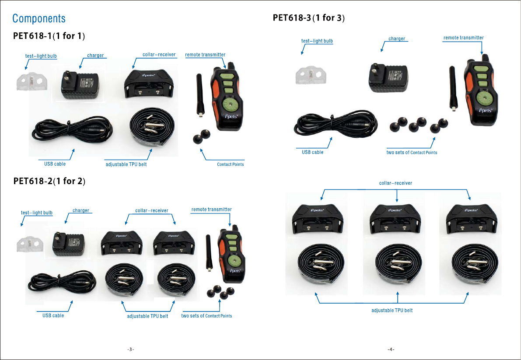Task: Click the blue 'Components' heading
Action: [39, 18]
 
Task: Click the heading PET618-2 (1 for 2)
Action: [49, 181]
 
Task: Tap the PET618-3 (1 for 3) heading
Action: [309, 18]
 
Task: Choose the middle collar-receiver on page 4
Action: [396, 219]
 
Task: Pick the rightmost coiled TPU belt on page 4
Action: [471, 265]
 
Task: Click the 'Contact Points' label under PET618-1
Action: [231, 164]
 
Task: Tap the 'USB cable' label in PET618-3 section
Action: [312, 152]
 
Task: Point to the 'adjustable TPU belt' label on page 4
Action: [392, 310]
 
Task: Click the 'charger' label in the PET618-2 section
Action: [81, 210]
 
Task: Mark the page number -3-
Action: [130, 350]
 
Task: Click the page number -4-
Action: [391, 350]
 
